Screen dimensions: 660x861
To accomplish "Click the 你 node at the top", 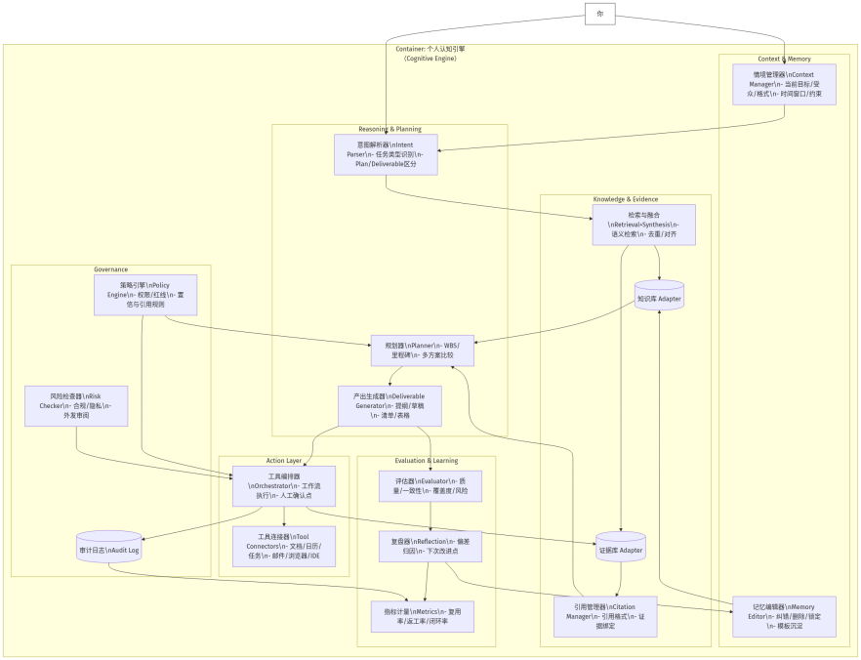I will coord(599,14).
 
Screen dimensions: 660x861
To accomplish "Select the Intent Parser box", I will coord(385,154).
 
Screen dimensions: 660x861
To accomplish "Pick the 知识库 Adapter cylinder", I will coord(659,297).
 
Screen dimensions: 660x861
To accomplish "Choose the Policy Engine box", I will coord(145,295).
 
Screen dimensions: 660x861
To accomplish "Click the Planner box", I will coord(422,349).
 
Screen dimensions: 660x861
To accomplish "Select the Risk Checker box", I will coord(76,405).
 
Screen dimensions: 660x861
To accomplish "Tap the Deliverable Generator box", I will coord(389,405).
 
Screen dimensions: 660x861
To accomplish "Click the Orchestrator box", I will coord(284,485).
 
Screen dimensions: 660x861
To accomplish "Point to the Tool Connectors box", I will coord(283,546).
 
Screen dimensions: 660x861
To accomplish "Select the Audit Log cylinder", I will coord(108,550).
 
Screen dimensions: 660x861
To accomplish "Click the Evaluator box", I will coord(430,485).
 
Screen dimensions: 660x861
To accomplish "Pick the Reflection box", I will coord(430,546).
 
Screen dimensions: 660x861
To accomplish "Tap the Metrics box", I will coord(423,616).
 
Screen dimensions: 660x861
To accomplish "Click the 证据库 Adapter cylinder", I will coord(621,550).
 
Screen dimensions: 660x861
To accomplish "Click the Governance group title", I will coord(110,269).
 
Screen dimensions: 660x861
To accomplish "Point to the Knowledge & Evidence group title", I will coord(626,199).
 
